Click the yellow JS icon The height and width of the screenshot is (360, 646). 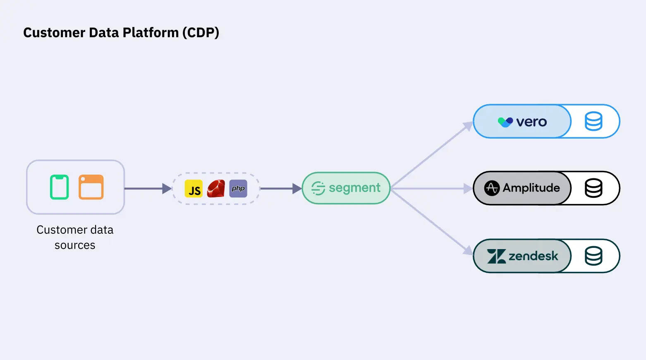coord(194,189)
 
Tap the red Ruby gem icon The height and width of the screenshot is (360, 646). coord(216,189)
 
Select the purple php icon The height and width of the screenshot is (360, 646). coord(238,189)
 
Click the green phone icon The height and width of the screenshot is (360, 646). coord(59,187)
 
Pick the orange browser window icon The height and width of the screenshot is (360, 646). coord(91,187)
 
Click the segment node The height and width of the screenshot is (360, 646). coord(346,188)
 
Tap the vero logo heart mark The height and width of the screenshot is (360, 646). coord(505,122)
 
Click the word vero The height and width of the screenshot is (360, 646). coord(531,122)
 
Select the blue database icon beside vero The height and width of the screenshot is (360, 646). coord(593,122)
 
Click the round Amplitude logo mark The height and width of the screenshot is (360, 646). coord(492,188)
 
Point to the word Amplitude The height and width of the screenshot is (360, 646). coord(531,188)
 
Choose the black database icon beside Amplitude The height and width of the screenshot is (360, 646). coord(593,188)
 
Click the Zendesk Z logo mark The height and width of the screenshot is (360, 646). coord(496,256)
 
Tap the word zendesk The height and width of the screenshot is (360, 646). coord(533,256)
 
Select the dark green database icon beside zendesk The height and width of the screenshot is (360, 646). coord(593,256)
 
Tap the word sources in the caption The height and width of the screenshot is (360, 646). coord(75,245)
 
